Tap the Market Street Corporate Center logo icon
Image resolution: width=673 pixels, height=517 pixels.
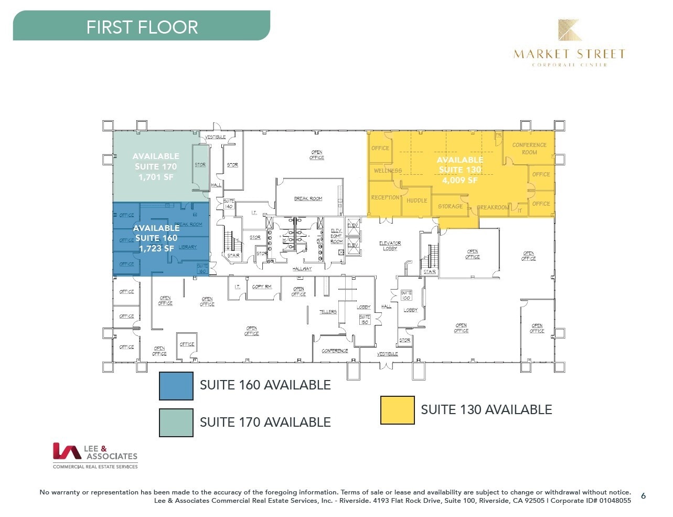click(x=569, y=30)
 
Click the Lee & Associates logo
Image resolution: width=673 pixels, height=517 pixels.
click(x=95, y=455)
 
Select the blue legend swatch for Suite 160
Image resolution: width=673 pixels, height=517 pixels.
click(x=176, y=386)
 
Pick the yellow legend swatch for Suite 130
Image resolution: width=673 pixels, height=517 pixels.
click(x=397, y=410)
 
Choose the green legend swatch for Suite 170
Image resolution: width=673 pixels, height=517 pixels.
click(x=176, y=423)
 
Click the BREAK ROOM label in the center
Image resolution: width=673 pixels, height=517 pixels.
click(x=308, y=198)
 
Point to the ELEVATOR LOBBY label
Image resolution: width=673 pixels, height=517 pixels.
click(x=390, y=246)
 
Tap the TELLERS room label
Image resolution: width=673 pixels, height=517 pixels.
click(x=328, y=312)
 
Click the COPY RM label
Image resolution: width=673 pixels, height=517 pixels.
click(x=262, y=287)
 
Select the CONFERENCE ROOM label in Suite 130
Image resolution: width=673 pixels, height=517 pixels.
click(x=529, y=149)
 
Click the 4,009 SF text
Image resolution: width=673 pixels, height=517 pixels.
click(x=460, y=180)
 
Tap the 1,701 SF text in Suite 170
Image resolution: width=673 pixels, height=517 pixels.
click(x=156, y=177)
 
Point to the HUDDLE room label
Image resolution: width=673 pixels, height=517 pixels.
click(x=416, y=201)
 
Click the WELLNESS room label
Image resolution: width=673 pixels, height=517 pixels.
click(x=388, y=171)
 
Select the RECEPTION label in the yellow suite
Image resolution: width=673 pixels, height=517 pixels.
click(x=385, y=197)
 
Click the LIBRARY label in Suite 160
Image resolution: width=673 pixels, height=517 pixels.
click(x=187, y=247)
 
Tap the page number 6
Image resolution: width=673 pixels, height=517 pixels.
click(x=643, y=496)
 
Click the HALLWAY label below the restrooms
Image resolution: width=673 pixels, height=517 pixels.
click(x=302, y=269)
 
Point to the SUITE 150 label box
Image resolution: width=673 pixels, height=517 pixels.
click(x=365, y=319)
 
